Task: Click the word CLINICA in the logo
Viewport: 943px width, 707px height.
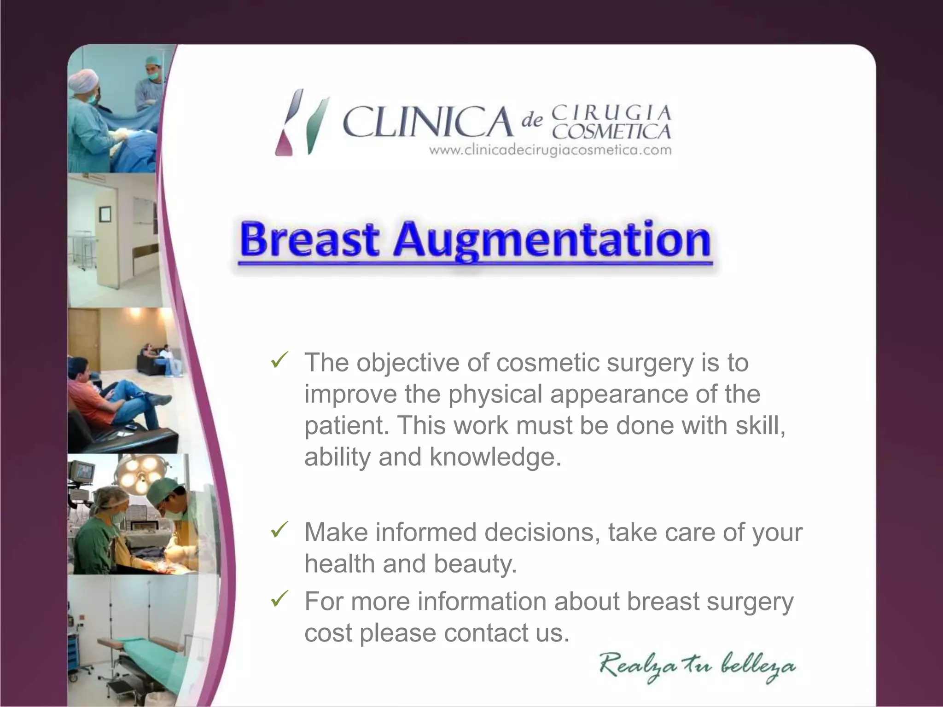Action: (427, 122)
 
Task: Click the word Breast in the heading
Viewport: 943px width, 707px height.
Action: (309, 240)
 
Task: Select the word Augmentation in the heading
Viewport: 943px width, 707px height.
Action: (552, 241)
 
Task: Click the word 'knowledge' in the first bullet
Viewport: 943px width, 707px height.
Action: (495, 457)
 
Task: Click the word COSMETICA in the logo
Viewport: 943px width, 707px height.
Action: (611, 132)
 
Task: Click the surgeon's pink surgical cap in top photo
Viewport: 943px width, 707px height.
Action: (83, 79)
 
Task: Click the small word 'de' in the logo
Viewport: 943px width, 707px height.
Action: (532, 121)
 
